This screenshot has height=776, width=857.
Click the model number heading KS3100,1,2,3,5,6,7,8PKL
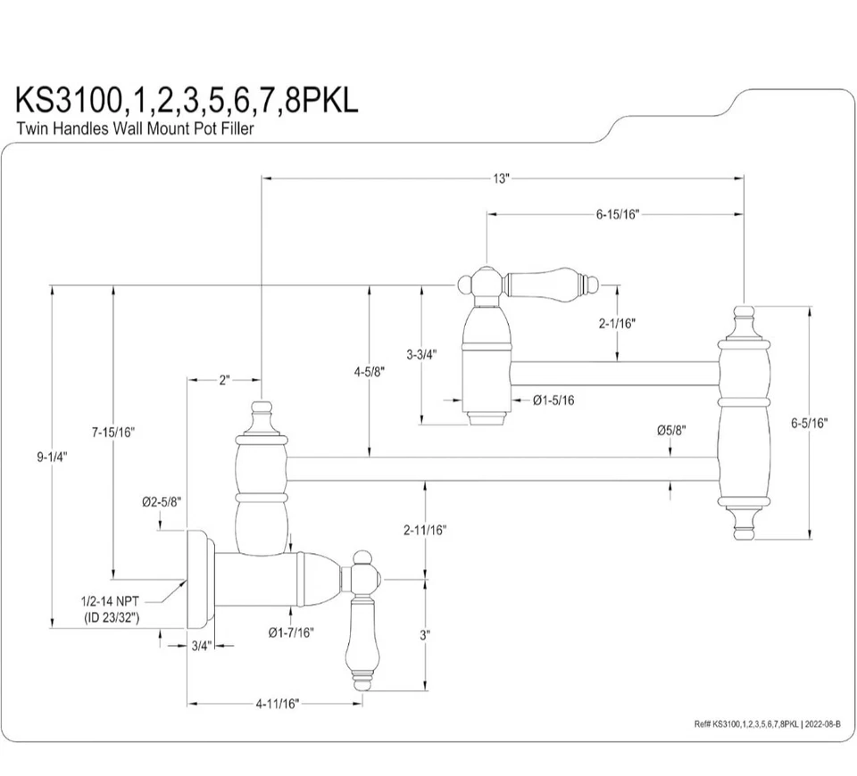point(187,99)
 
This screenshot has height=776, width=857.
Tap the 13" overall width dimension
point(501,178)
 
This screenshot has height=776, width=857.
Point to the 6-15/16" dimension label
point(618,214)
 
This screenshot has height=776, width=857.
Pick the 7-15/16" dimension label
point(112,432)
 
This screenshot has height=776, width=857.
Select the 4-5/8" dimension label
point(369,372)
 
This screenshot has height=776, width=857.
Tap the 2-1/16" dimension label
point(617,325)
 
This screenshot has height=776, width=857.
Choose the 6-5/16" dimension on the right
point(809,424)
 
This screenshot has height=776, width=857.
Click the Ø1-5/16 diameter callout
point(553,400)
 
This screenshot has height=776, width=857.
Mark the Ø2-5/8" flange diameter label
point(162,502)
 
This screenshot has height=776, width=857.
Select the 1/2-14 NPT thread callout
point(111,610)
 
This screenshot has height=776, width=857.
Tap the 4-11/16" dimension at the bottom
point(277,704)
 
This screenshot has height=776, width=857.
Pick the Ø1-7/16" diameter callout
point(291,632)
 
